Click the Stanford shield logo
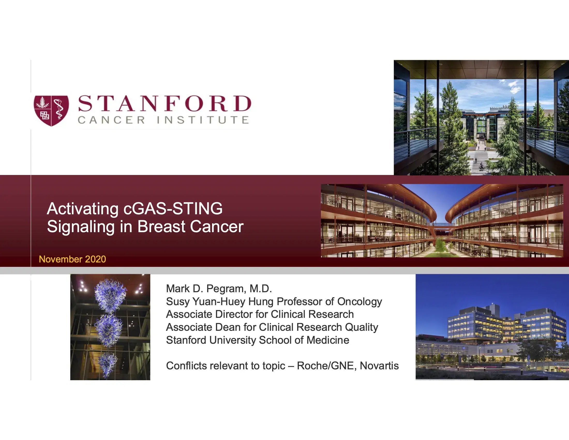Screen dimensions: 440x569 click(51, 111)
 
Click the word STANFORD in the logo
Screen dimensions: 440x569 click(165, 104)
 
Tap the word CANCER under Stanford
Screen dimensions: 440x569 click(111, 120)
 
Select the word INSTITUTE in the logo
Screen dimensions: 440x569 click(203, 120)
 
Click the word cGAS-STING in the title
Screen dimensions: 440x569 click(173, 209)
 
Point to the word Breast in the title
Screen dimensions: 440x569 click(161, 226)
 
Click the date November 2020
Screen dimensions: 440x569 click(72, 259)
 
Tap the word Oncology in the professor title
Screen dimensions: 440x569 click(359, 302)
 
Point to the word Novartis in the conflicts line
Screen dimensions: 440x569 click(379, 366)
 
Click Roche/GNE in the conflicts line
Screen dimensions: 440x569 click(326, 366)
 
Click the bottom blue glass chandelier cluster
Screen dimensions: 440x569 click(107, 364)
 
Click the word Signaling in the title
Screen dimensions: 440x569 click(80, 227)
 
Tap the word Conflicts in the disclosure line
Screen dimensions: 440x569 click(186, 366)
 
